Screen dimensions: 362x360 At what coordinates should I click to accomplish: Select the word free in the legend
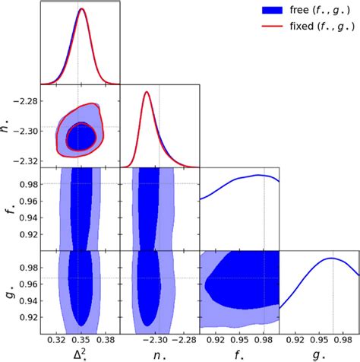300,11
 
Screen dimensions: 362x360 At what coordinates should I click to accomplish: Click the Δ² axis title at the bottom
80,354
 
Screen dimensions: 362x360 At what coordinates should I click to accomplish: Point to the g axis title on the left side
8,291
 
